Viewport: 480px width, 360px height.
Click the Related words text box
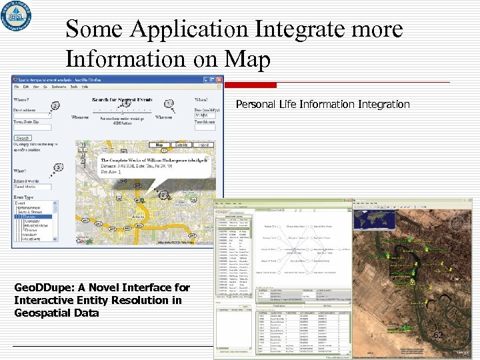click(33, 187)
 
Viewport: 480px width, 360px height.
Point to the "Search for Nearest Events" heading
click(122, 100)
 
